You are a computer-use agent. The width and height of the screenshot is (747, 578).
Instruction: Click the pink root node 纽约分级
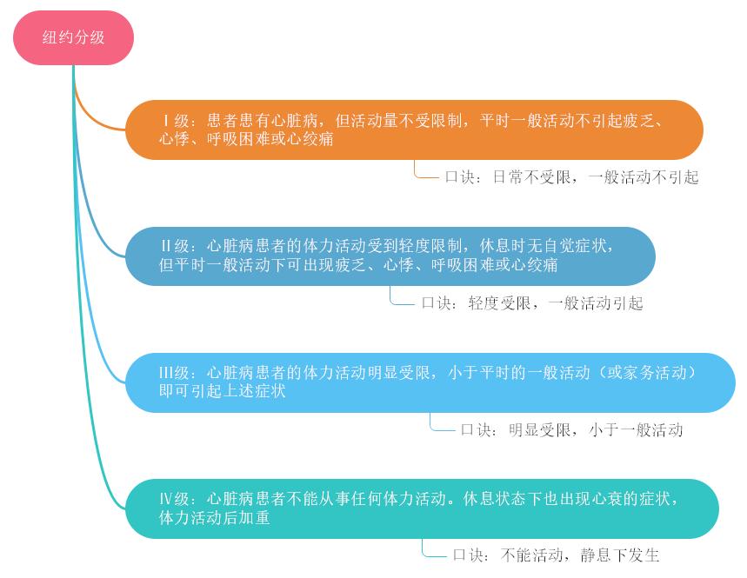tap(73, 37)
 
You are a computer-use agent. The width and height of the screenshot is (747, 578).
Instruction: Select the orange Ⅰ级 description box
tap(414, 130)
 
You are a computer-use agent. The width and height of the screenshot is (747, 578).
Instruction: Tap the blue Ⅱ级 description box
tap(390, 256)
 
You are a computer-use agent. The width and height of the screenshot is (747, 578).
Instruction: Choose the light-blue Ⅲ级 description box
tap(430, 382)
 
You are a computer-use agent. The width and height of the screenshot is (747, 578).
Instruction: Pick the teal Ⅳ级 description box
tap(422, 508)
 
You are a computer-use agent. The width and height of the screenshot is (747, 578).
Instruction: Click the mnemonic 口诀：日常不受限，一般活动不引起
tap(571, 177)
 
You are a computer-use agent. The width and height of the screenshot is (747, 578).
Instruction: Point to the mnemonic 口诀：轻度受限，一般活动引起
tap(531, 303)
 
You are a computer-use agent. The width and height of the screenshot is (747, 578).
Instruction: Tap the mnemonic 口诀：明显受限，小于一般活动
tap(571, 429)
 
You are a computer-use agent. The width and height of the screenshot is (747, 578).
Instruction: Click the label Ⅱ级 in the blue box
tap(175, 247)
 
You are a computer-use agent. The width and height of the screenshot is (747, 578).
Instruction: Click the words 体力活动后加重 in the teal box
tap(214, 518)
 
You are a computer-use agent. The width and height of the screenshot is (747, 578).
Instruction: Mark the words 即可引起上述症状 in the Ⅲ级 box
tap(222, 392)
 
